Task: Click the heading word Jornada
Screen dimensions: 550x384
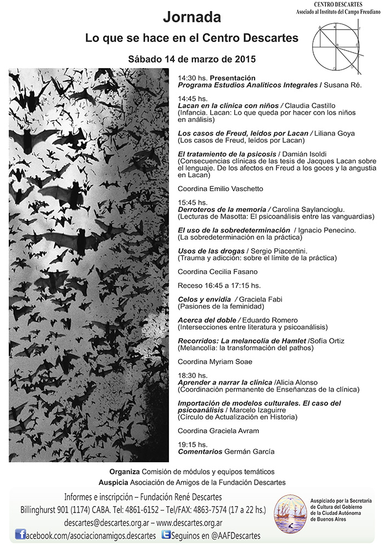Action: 191,18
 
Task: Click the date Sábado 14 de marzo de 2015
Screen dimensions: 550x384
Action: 191,58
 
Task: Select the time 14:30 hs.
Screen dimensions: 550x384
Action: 193,78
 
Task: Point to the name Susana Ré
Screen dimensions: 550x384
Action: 343,85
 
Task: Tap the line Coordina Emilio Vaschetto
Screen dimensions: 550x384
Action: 213,188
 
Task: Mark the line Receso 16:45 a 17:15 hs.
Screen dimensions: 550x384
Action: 219,285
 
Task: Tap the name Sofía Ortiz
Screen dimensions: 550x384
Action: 328,341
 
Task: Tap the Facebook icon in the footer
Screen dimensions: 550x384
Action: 21,535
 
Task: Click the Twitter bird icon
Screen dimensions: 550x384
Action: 165,535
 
